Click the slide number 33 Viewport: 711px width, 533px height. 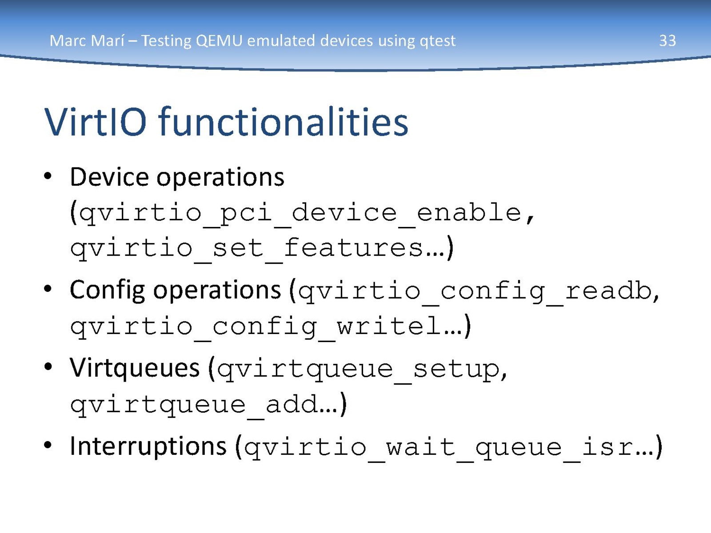pyautogui.click(x=667, y=41)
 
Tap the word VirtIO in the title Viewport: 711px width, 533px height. pyautogui.click(x=96, y=122)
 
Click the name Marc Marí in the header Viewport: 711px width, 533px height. pyautogui.click(x=87, y=41)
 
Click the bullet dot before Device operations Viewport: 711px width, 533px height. pyautogui.click(x=48, y=176)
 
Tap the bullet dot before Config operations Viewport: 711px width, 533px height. pyautogui.click(x=48, y=289)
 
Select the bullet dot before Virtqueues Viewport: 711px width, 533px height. pyautogui.click(x=48, y=367)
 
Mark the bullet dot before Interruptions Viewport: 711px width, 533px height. pyautogui.click(x=48, y=445)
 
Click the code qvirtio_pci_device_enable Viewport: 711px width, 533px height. pyautogui.click(x=300, y=214)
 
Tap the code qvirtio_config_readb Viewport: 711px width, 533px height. pyautogui.click(x=475, y=292)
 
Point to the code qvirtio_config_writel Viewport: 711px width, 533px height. pyautogui.click(x=256, y=327)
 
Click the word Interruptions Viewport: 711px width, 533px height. pyautogui.click(x=148, y=446)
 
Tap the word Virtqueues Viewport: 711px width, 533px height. pyautogui.click(x=135, y=368)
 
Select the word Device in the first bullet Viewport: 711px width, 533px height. pyautogui.click(x=109, y=177)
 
